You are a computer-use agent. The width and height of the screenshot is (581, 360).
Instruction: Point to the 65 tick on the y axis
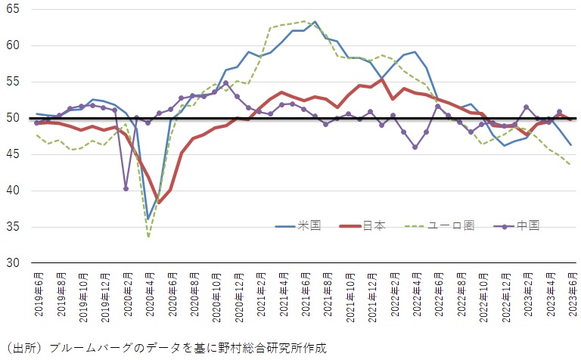click(x=13, y=10)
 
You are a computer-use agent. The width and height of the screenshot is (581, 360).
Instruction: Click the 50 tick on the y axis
click(x=13, y=118)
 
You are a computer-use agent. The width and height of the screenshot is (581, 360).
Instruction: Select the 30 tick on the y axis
click(x=13, y=263)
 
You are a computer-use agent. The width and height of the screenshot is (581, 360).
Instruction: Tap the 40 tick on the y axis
click(x=13, y=191)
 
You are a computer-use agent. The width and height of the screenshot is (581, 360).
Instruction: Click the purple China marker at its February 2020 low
click(x=126, y=188)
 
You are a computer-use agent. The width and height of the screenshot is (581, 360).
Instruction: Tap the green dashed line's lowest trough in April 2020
click(x=148, y=237)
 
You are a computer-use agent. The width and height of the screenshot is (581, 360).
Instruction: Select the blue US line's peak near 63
click(x=315, y=23)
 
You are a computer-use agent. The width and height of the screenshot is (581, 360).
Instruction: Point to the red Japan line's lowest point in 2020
click(x=159, y=201)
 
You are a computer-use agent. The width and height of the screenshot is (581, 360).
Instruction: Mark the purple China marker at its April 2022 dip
click(x=415, y=147)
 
